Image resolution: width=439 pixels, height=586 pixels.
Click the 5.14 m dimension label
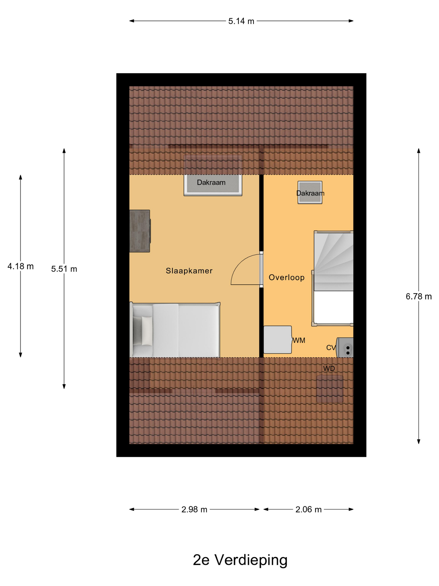[x=241, y=21]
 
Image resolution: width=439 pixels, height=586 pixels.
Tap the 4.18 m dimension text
[x=21, y=266]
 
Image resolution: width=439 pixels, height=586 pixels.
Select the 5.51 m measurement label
[x=64, y=269]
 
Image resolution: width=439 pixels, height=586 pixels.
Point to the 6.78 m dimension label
[x=419, y=296]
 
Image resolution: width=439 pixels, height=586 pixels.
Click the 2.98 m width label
[x=194, y=509]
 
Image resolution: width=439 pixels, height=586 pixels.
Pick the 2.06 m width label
[x=309, y=509]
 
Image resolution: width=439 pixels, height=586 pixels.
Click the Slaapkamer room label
[x=189, y=271]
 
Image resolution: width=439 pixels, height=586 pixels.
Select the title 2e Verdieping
[x=240, y=560]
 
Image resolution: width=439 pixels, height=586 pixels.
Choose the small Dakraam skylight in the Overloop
[x=310, y=193]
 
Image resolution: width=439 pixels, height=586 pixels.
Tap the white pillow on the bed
[x=147, y=331]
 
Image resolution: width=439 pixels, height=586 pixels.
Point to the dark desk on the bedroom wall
[x=140, y=231]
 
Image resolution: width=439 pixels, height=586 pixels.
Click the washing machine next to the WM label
[x=278, y=340]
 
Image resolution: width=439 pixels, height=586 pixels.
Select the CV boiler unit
[x=345, y=348]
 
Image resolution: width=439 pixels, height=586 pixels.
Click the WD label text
[x=329, y=369]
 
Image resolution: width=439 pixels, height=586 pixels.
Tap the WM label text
[x=299, y=341]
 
